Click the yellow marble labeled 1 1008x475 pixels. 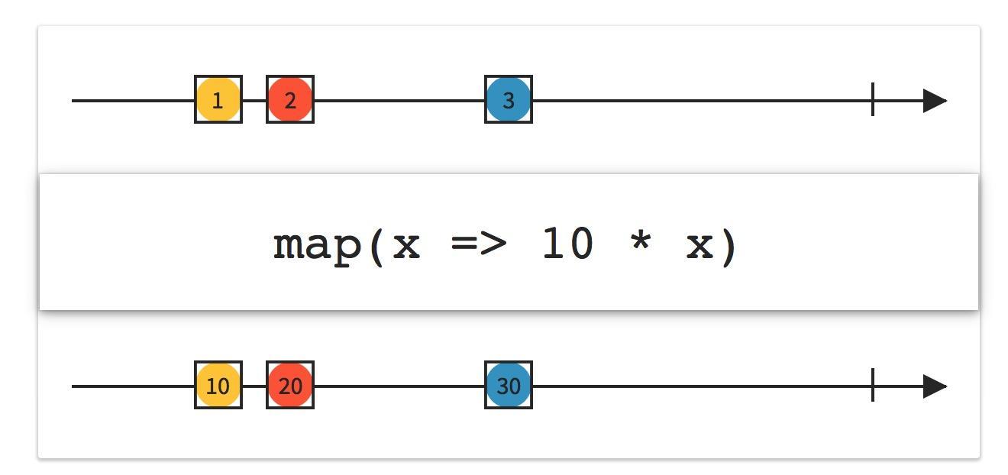coord(218,99)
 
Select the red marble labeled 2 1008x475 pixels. coord(290,99)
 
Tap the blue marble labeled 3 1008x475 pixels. coord(509,99)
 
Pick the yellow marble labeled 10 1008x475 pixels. coord(218,385)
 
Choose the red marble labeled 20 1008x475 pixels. coord(290,385)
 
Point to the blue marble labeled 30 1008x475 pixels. coord(509,385)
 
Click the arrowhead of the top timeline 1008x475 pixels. coord(935,101)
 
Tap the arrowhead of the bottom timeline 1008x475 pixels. coord(935,386)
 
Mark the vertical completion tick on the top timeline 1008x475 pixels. coord(873,99)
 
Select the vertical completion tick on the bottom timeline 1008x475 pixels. coord(873,385)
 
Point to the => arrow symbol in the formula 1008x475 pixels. coord(479,244)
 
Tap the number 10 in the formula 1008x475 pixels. coord(567,244)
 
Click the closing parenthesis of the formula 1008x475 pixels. coord(729,247)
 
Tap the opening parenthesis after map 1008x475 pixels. coord(376,247)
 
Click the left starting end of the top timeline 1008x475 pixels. coord(73,101)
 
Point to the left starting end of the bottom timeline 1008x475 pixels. coord(73,386)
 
